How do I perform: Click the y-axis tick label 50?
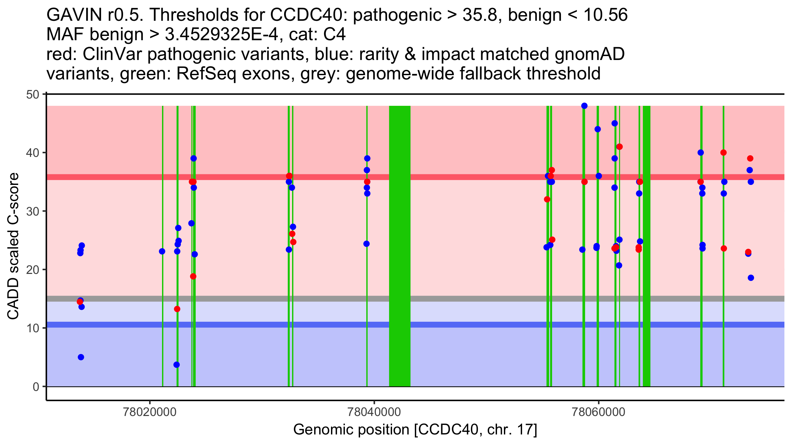[32, 95]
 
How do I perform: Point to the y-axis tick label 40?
[32, 153]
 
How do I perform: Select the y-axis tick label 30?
[32, 211]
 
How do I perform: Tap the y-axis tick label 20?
[32, 270]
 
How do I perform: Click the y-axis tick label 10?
[32, 328]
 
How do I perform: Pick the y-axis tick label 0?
[36, 387]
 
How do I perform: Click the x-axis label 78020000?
[150, 412]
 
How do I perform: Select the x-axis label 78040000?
[374, 412]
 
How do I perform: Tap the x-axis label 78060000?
[598, 412]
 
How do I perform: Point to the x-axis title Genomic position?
[415, 430]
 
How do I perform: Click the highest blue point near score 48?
[584, 106]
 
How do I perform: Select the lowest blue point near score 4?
[177, 365]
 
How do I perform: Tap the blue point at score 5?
[81, 357]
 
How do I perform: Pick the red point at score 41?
[619, 147]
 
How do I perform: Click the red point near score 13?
[177, 309]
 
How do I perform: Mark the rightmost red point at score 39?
[750, 159]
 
